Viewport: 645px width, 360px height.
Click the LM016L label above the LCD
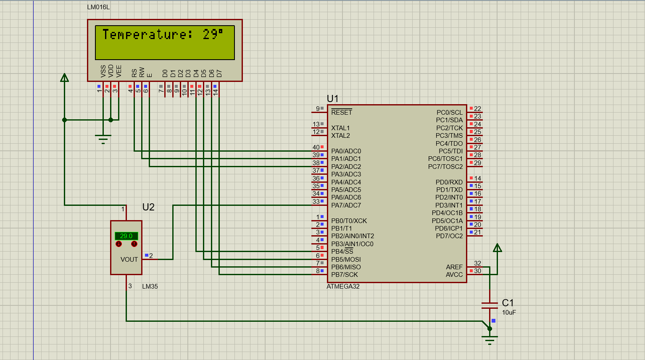(98, 7)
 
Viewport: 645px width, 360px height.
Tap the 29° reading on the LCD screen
(213, 34)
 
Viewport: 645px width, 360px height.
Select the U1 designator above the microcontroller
(332, 99)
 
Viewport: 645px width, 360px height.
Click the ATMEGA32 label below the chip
(343, 286)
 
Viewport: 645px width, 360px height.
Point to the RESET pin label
(341, 112)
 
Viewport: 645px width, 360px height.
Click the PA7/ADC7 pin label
(346, 205)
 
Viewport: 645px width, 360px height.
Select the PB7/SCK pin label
(344, 275)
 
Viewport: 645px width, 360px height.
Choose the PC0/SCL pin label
(449, 112)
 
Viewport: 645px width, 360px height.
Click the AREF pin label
(454, 267)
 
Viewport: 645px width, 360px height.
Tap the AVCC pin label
(454, 275)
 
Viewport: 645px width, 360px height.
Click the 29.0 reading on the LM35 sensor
(126, 236)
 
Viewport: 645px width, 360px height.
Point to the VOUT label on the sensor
(129, 260)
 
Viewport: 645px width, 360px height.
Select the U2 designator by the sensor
(148, 207)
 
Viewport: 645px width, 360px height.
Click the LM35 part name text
(150, 286)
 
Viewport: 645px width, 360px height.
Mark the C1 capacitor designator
(508, 303)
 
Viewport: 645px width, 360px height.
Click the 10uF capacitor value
(509, 313)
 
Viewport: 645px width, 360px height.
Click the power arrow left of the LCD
(64, 78)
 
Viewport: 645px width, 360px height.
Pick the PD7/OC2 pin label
(449, 236)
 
